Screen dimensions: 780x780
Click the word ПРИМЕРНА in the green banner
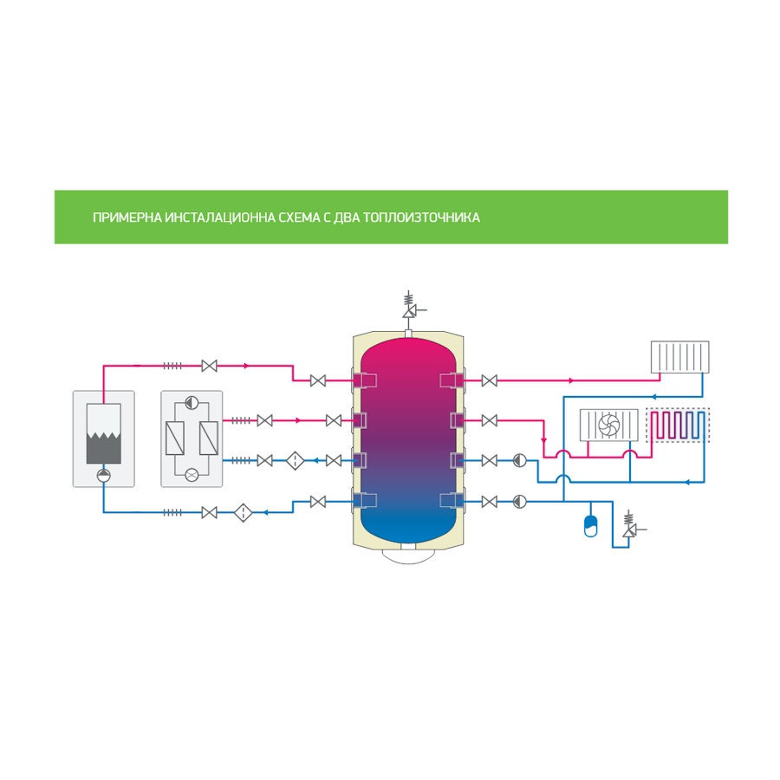[x=127, y=218]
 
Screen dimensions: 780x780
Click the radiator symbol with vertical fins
[x=679, y=356]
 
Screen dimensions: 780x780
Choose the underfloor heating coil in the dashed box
[x=677, y=425]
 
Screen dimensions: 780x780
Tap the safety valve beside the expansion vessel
[x=629, y=528]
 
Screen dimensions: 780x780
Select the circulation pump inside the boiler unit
[x=103, y=474]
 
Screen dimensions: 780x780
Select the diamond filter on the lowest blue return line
[x=243, y=513]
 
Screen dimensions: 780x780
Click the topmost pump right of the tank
[x=518, y=460]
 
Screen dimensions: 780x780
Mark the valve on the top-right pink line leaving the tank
[x=489, y=380]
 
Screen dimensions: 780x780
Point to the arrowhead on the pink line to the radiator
[x=570, y=380]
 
